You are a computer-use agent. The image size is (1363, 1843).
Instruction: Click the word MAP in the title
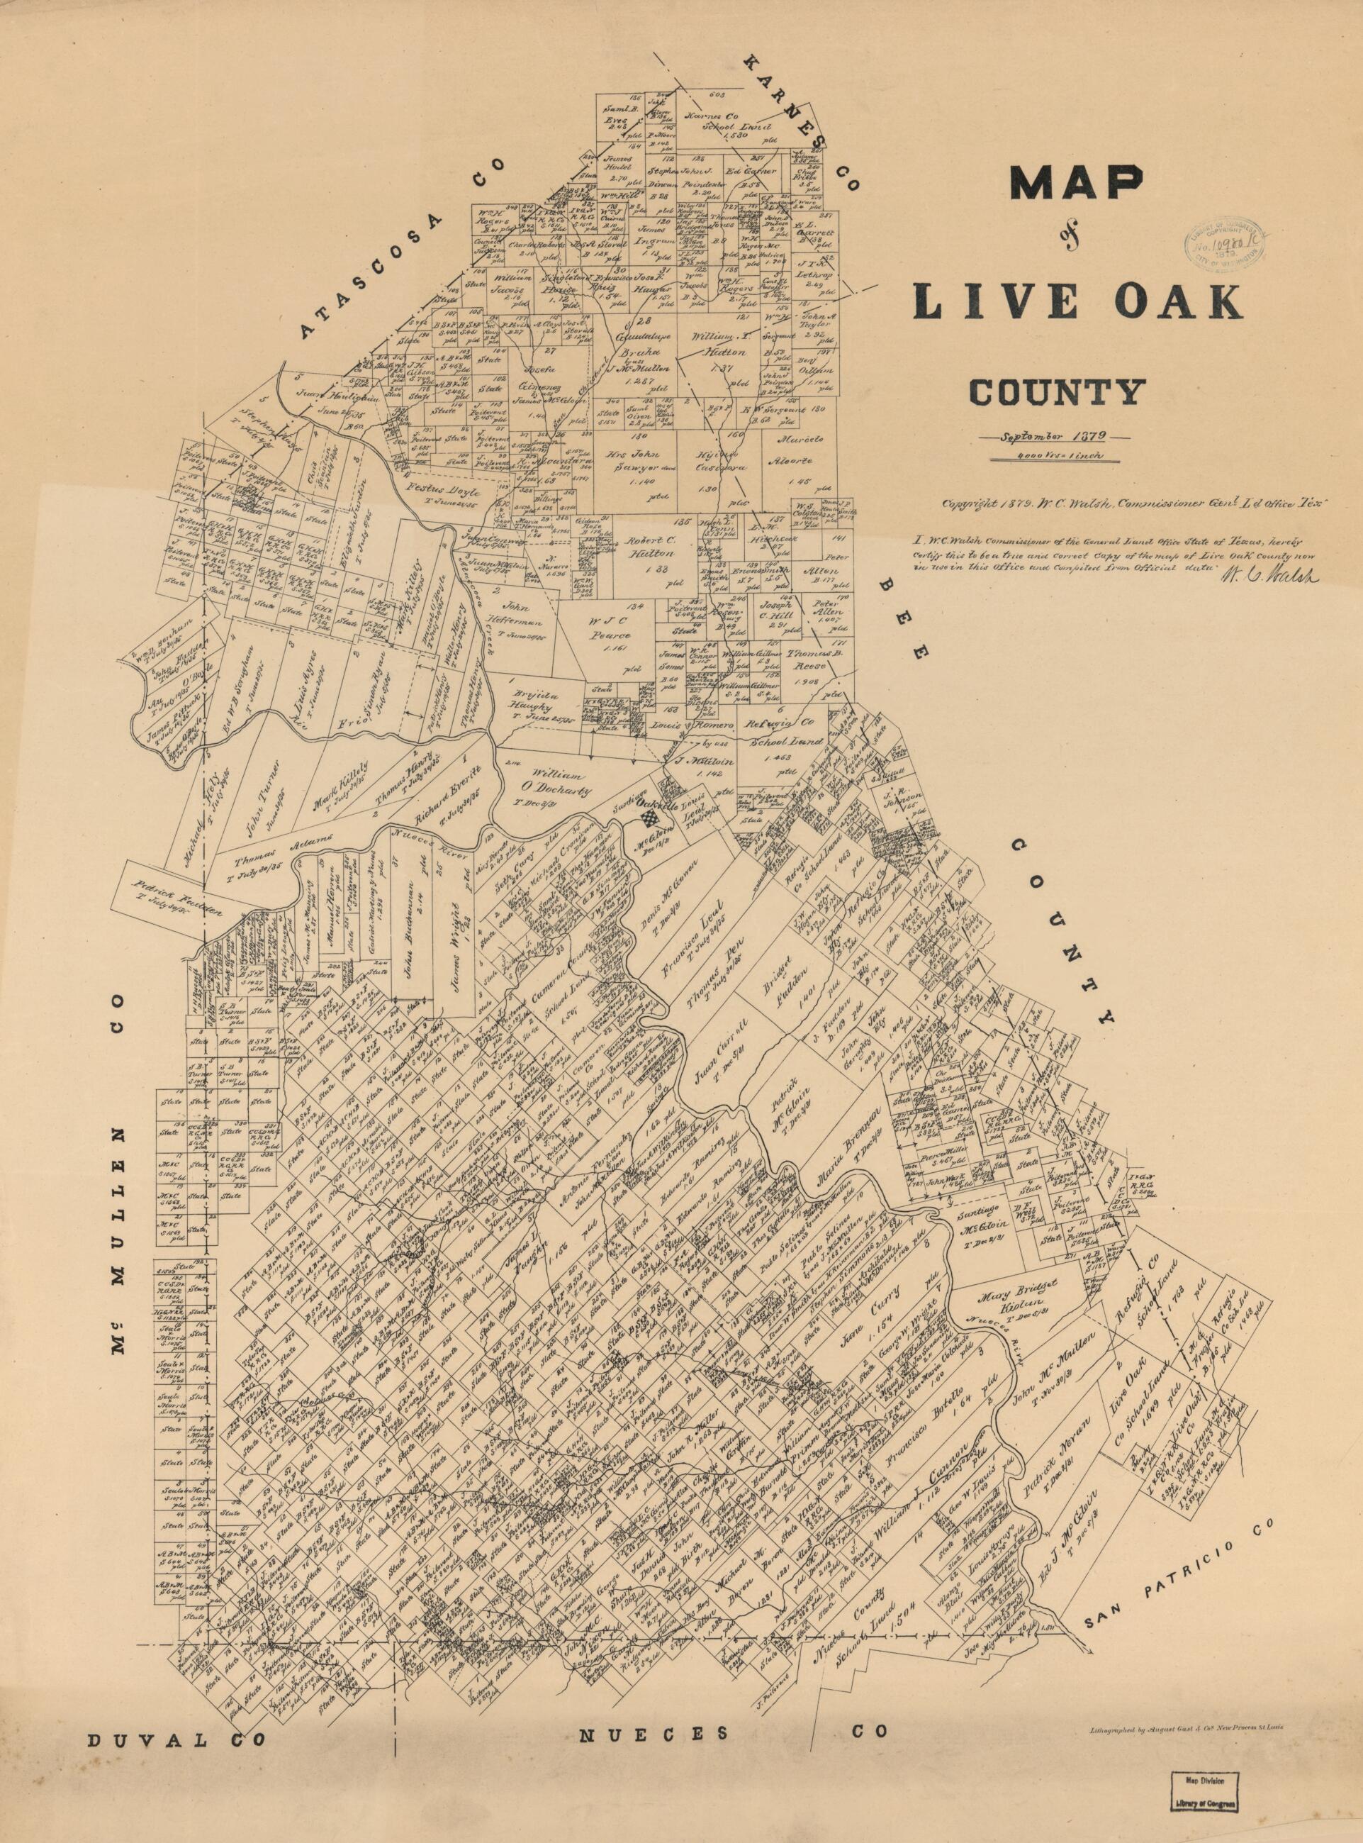tap(1077, 192)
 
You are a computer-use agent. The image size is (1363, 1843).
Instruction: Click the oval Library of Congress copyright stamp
tap(1226, 246)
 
